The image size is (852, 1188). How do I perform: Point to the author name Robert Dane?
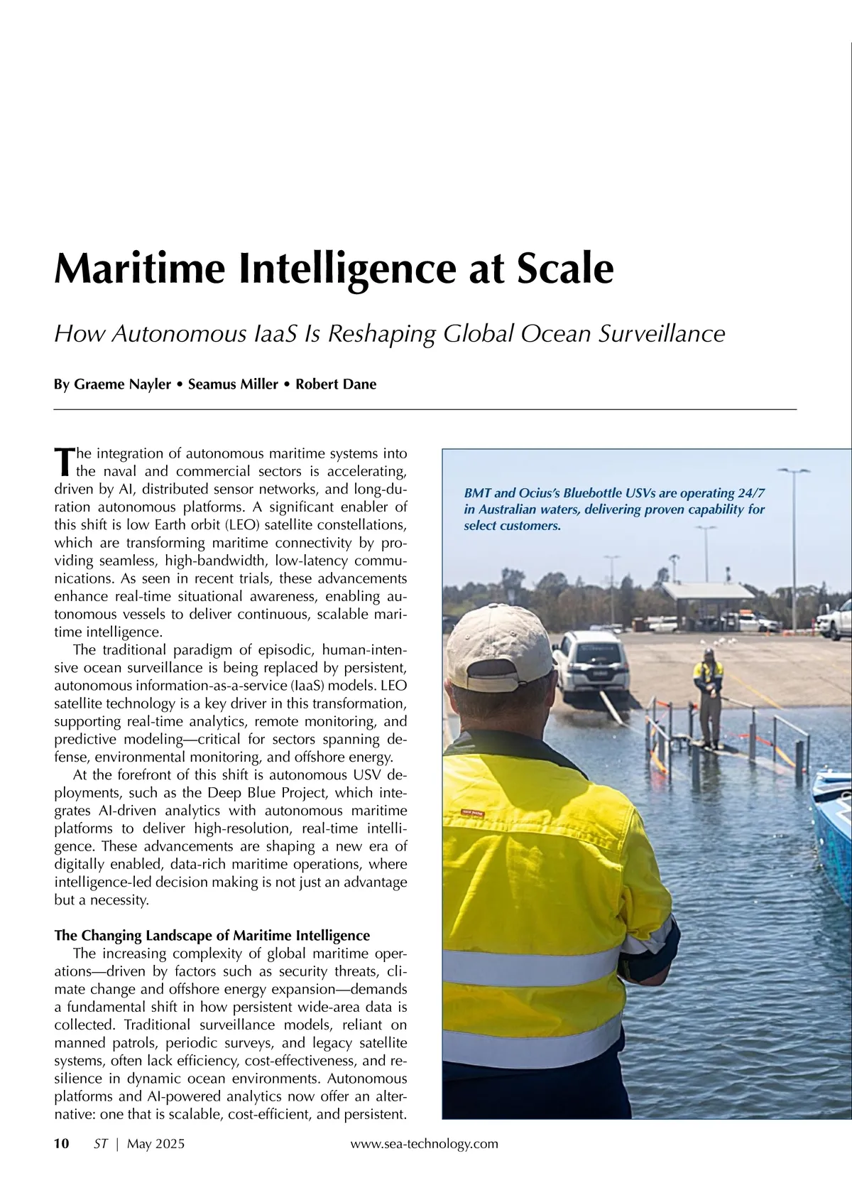point(336,384)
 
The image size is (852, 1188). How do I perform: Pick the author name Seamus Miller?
point(233,384)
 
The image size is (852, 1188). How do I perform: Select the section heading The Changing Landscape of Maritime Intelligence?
point(212,935)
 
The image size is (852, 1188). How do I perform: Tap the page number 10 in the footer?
point(62,1143)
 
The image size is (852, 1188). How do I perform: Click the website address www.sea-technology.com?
point(424,1143)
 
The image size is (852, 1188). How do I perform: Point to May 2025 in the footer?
point(155,1143)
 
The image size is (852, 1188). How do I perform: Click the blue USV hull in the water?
point(832,824)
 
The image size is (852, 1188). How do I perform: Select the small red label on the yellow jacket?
point(473,812)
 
